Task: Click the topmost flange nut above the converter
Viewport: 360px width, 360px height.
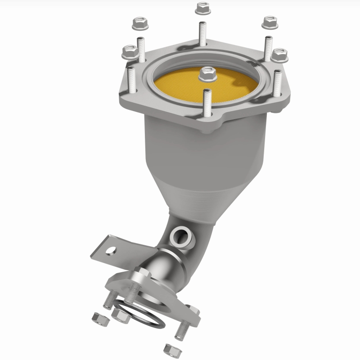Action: tap(201, 8)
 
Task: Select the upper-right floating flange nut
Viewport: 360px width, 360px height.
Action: tap(269, 21)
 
